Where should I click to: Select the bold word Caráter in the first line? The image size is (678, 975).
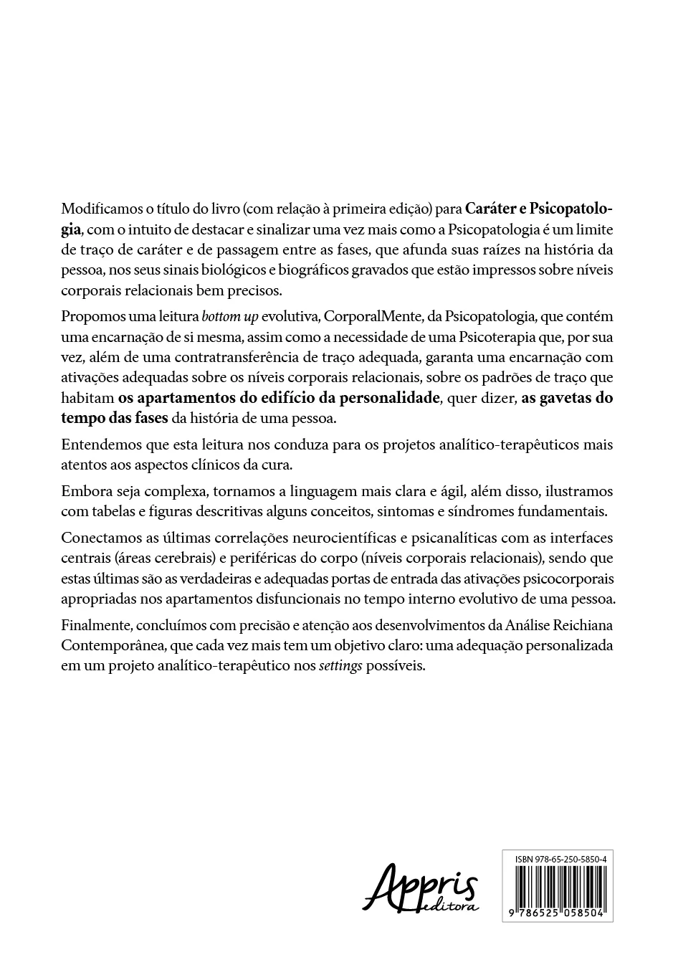click(x=490, y=210)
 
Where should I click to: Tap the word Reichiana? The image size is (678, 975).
click(x=583, y=625)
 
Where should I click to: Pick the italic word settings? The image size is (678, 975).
click(x=340, y=666)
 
